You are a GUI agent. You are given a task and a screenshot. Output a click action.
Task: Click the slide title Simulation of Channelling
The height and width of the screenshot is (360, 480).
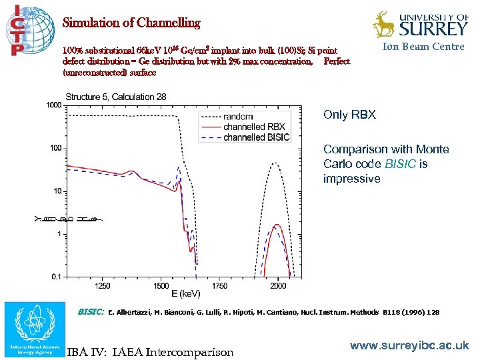pos(131,23)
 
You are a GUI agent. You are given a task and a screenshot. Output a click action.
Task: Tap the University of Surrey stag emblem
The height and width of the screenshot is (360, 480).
pos(383,24)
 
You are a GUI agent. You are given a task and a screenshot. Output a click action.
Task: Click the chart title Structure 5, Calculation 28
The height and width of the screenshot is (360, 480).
pos(115,97)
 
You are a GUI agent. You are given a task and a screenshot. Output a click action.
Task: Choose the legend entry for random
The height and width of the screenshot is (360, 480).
pos(238,117)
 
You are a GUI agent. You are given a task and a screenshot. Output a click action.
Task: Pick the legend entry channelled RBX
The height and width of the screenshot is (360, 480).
pos(254,127)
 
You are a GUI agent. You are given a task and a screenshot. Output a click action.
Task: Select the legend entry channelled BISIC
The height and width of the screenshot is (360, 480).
pos(257,137)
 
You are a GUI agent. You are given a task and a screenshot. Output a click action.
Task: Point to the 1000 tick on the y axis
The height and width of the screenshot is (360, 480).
pos(53,105)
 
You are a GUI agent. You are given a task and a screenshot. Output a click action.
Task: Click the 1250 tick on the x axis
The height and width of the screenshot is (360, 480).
pos(103,285)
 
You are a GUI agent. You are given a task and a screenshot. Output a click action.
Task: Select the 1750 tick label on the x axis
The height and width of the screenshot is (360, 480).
pos(219,285)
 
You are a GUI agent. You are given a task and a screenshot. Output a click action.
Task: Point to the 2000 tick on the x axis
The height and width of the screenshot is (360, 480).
pos(277,285)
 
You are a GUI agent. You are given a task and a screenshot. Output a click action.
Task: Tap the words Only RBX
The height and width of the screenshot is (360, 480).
pos(349,115)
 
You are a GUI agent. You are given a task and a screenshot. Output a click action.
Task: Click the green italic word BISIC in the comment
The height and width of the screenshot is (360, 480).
pos(403,164)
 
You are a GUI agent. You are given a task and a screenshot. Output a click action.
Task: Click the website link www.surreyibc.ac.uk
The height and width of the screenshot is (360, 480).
pos(409,346)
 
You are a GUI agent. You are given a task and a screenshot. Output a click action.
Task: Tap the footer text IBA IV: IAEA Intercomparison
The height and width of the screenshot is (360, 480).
pos(150,351)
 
